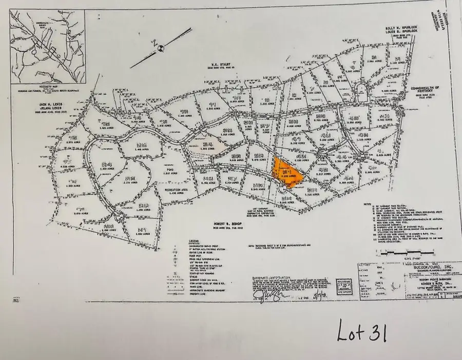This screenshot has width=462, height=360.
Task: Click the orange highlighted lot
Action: click(287, 174)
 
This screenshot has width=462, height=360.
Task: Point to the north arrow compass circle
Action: click(160, 48)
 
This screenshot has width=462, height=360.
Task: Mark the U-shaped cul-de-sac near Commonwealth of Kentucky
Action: click(362, 91)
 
